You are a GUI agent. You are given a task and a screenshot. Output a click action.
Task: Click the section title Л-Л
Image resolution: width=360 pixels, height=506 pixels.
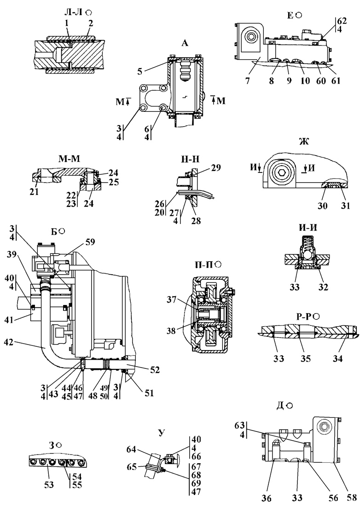coord(74,12)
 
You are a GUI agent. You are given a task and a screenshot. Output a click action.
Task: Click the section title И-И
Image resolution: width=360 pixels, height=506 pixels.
coord(308,228)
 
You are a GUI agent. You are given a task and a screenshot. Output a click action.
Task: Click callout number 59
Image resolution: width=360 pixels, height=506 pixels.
coord(89,241)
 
